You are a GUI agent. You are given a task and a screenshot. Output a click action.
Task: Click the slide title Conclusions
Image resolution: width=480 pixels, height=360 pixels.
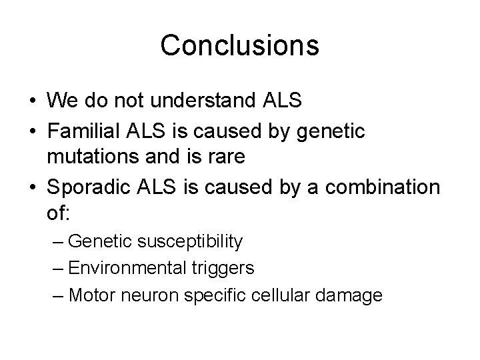[x=240, y=45]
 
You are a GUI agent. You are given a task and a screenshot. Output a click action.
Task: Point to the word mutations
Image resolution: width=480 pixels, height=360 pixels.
[x=105, y=159]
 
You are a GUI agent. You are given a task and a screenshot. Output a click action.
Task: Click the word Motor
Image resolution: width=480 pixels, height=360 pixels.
[x=90, y=295]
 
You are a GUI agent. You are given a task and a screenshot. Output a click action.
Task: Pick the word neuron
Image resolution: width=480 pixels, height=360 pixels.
[x=143, y=295]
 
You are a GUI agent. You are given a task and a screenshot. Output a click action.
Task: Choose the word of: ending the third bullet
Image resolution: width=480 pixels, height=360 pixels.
[x=59, y=215]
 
